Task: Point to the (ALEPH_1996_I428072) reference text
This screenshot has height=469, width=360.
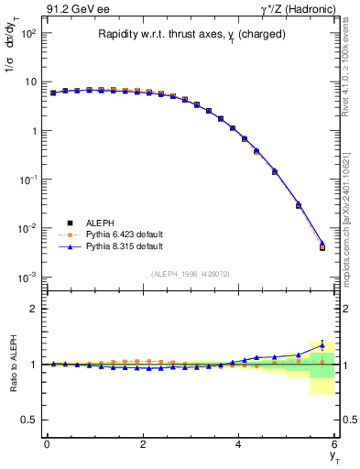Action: tap(191, 274)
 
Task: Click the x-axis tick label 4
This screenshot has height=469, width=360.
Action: tap(239, 444)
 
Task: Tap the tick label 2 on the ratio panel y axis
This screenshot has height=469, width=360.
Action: tap(33, 309)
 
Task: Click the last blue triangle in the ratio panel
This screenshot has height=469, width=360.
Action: tap(322, 345)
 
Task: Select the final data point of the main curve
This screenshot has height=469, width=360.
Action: tap(322, 246)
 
